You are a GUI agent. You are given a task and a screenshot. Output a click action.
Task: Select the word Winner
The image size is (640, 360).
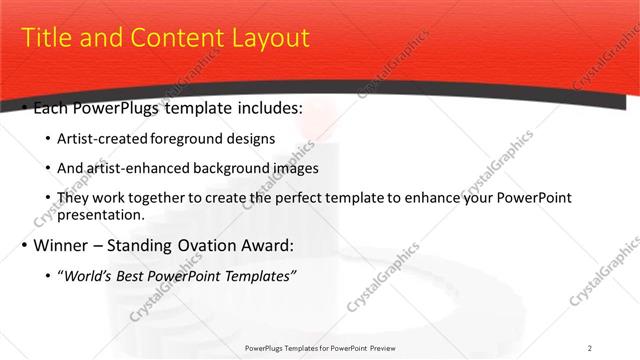[x=62, y=245]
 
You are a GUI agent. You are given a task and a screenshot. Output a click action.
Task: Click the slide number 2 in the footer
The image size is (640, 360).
[x=589, y=347]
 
